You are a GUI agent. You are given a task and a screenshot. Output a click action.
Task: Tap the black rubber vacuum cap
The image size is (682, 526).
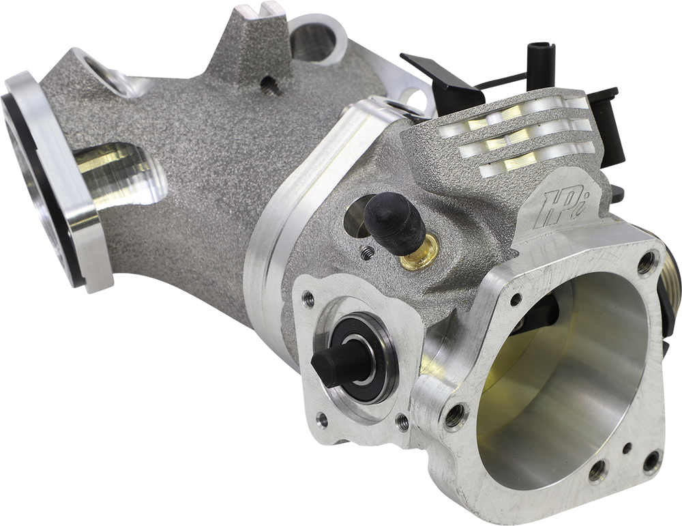[392, 222]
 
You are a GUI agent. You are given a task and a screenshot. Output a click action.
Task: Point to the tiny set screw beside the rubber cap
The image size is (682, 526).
[368, 252]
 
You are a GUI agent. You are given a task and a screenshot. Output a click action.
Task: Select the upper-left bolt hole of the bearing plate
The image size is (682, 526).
[308, 297]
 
